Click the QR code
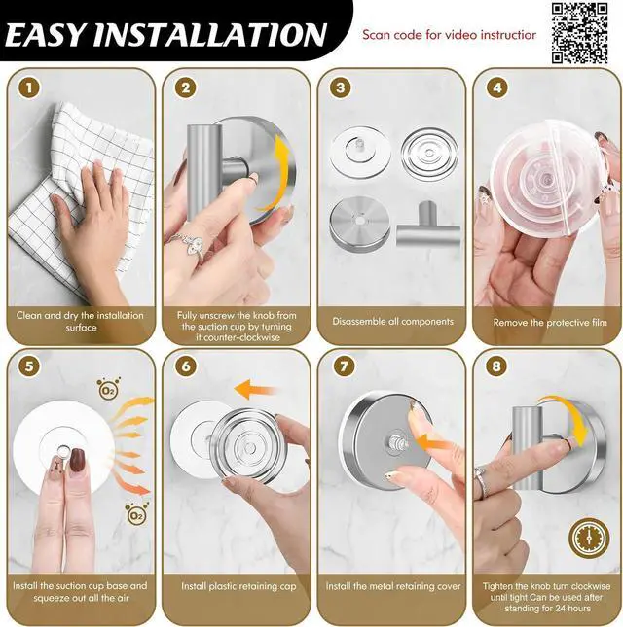tap(580, 33)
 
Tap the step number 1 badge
tap(29, 87)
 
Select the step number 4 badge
tap(496, 87)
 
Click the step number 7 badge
tap(344, 366)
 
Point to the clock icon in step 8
tap(589, 539)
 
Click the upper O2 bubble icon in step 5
tap(108, 388)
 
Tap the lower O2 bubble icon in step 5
tap(136, 514)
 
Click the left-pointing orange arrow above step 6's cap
tap(255, 390)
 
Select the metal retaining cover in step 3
tap(359, 224)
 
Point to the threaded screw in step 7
tap(396, 441)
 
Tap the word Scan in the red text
tap(376, 35)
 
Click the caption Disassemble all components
tap(392, 322)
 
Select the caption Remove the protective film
tap(550, 323)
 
